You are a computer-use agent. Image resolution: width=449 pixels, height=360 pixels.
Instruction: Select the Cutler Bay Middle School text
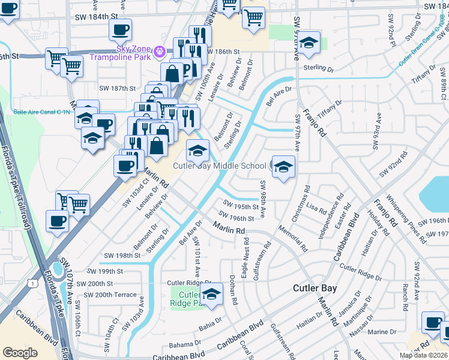pos(220,166)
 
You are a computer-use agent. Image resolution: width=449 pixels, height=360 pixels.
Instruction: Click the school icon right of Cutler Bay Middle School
pos(283,167)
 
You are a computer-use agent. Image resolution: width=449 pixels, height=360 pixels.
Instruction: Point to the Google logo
pos(20,353)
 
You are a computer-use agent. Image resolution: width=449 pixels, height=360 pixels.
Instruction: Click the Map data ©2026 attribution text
pos(424,355)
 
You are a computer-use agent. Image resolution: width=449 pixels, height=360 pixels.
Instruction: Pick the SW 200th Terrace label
pos(110,295)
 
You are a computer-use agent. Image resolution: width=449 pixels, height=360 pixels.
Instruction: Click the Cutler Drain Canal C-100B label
pos(423,42)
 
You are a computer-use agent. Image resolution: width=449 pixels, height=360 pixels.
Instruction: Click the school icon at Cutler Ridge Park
pos(211,295)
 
